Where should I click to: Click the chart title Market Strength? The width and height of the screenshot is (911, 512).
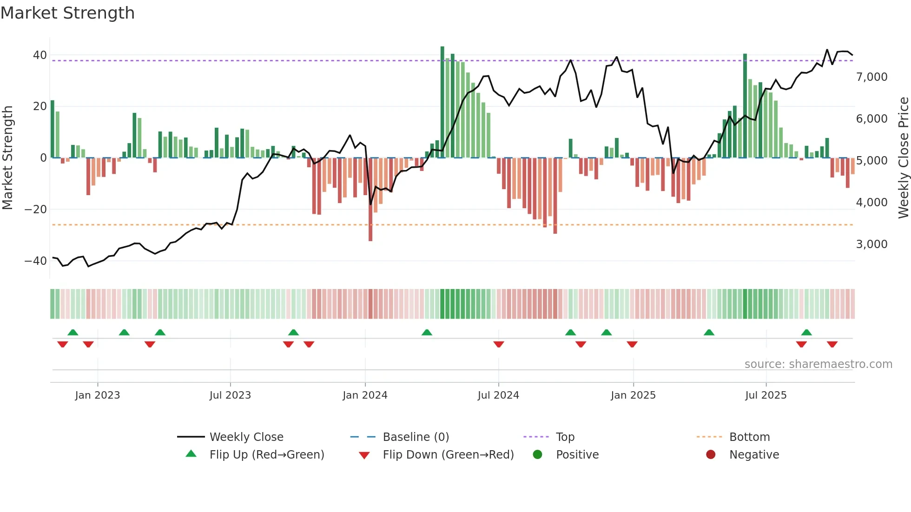[67, 13]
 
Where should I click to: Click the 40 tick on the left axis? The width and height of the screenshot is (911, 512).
[40, 55]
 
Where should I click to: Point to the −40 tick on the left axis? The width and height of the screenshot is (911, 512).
[36, 261]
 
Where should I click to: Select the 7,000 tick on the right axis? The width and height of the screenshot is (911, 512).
[871, 77]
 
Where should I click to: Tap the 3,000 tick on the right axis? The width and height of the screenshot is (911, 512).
[871, 244]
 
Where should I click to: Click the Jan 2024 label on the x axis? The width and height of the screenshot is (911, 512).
[365, 395]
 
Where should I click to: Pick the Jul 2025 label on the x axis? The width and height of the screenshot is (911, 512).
[766, 395]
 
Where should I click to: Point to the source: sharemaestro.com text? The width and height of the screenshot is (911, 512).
[818, 364]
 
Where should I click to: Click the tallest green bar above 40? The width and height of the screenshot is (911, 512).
[442, 102]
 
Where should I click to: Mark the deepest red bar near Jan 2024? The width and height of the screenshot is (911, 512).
[370, 200]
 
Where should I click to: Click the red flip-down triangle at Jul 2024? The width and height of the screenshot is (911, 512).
[499, 344]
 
